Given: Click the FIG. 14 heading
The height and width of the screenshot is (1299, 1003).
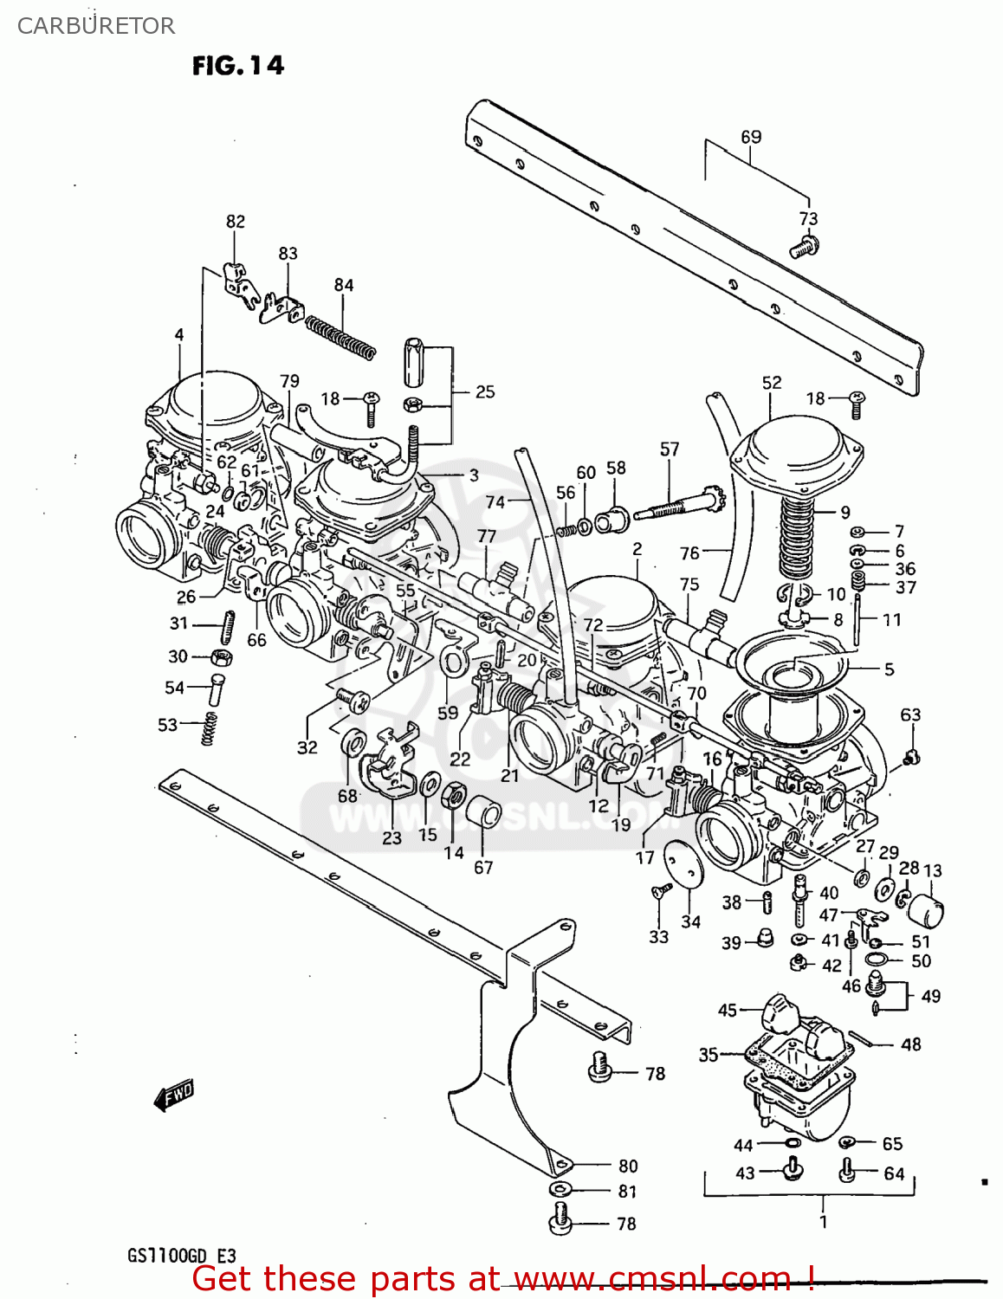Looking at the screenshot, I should [x=237, y=66].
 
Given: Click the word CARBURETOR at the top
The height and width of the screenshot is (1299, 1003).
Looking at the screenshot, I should [x=95, y=26].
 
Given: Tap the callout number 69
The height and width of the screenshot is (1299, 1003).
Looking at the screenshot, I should [x=751, y=137].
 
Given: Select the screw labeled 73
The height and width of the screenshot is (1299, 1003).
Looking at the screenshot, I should [x=803, y=248].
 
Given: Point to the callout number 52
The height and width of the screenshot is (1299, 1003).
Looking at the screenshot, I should [x=771, y=383].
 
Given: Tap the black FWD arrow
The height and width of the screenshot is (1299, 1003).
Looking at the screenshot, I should [x=173, y=1095].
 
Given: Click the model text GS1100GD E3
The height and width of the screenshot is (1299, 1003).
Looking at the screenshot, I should [x=181, y=1256].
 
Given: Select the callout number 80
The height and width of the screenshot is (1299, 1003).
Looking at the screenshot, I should [x=628, y=1167].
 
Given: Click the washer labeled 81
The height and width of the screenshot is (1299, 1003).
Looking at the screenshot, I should [x=561, y=1190].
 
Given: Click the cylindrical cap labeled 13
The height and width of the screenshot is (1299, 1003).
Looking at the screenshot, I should [x=925, y=910].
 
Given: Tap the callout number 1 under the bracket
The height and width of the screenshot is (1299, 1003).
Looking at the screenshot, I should [x=823, y=1222].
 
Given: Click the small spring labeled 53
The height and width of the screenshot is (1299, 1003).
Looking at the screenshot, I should [x=209, y=727].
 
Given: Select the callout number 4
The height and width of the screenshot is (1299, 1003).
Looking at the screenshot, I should [x=179, y=335].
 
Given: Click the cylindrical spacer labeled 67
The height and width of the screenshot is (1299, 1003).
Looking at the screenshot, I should [x=484, y=814].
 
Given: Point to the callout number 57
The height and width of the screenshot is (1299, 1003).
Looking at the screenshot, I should [x=670, y=449].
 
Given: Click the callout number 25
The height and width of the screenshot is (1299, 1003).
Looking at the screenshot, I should [x=485, y=391].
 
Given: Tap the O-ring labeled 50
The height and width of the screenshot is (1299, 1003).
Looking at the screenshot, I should [x=876, y=960].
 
